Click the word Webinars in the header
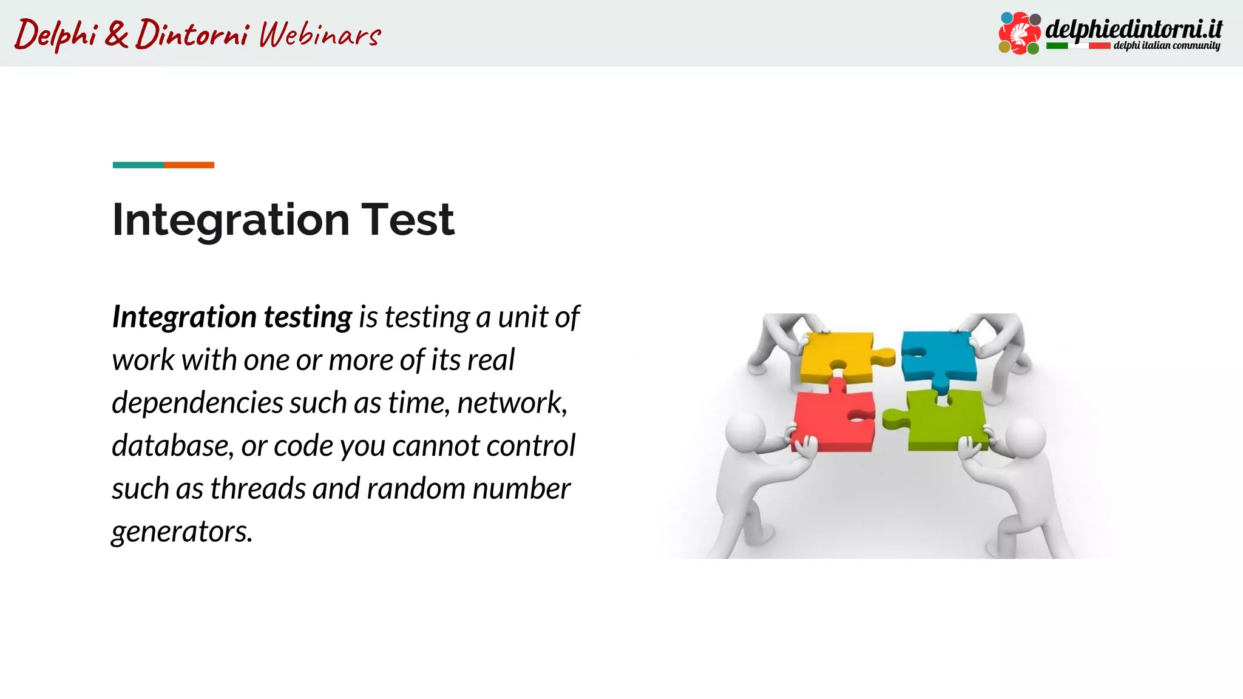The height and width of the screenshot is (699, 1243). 320,35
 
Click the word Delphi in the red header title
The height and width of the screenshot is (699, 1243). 56,35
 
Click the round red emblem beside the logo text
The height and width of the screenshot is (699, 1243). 1020,33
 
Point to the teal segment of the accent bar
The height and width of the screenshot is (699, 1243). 138,165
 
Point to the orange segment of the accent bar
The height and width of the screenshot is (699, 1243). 189,165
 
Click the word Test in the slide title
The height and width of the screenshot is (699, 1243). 407,220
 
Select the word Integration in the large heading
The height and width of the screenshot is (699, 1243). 231,220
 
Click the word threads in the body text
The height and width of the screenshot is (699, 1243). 258,489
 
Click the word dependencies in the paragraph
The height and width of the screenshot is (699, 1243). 198,403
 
